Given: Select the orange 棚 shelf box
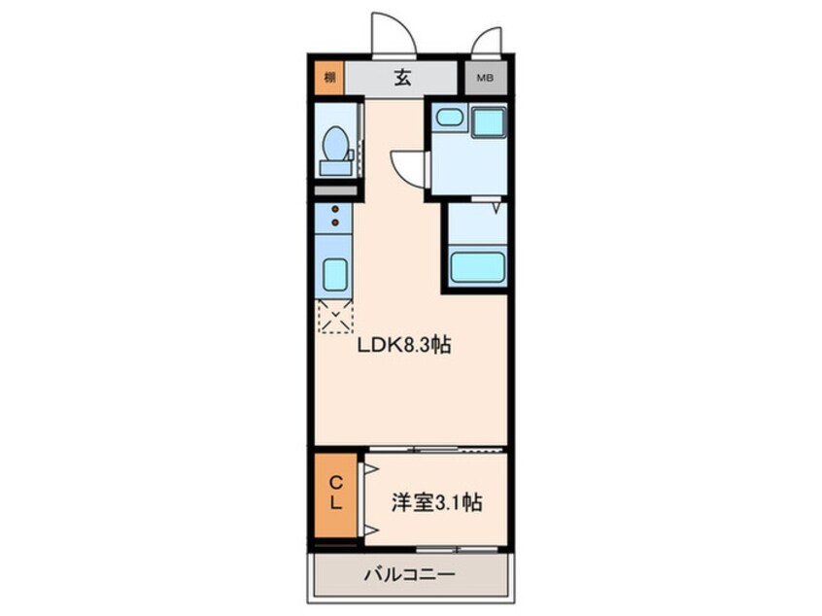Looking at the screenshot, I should coord(330,79).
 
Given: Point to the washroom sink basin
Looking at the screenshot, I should coord(448,119).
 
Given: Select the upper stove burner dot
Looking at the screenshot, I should coord(335,210).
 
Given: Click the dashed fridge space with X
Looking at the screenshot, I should coord(336,317).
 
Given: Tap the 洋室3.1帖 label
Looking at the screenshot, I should coord(436,503).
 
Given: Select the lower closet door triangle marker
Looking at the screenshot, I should coord(369,530).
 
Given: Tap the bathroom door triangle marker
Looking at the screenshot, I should coord(497,206).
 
